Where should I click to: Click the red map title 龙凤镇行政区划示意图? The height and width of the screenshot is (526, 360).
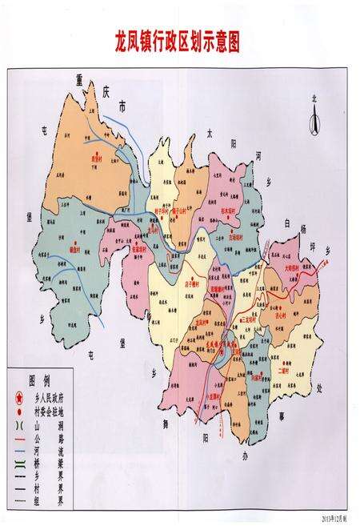coord(179,39)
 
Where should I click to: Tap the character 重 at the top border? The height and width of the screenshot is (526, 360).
coord(78,78)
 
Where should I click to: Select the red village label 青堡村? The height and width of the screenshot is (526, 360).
coord(98,159)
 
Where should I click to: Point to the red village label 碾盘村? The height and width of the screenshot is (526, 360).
coord(77,249)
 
